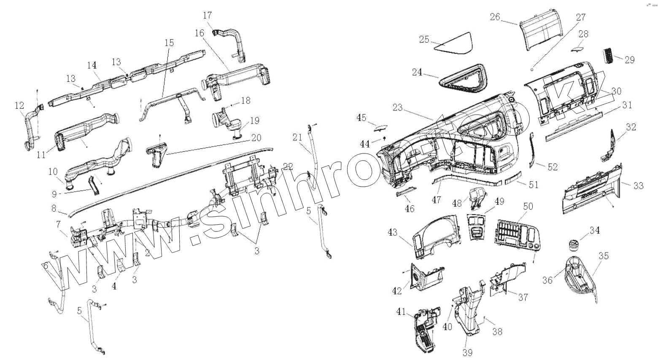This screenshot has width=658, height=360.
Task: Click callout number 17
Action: click(208, 16)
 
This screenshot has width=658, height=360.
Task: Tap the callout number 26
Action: click(495, 17)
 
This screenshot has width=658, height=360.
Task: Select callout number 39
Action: click(467, 352)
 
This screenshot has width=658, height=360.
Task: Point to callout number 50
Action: click(528, 206)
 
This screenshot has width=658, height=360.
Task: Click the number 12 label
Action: click(19, 105)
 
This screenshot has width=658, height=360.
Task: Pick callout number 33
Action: click(638, 185)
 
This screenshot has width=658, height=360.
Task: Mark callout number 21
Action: click(297, 137)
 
